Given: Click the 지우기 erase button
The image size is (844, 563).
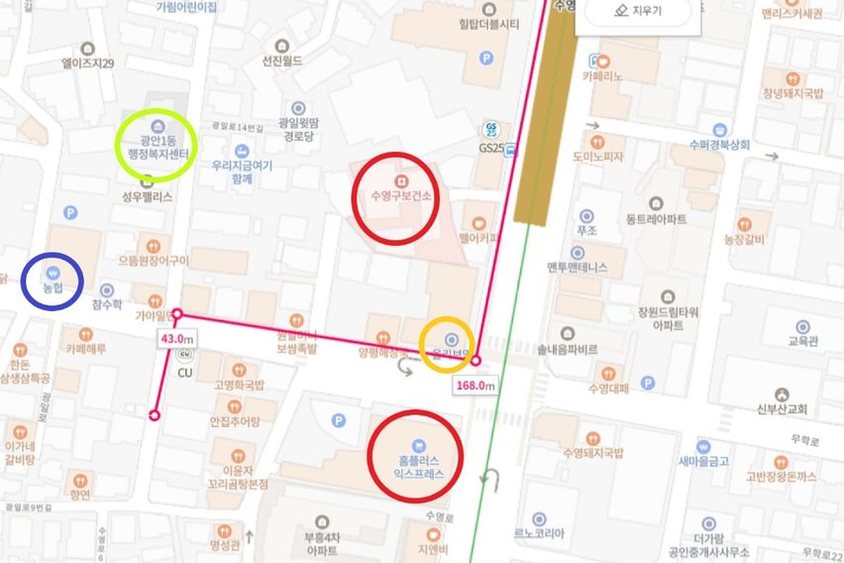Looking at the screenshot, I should pos(638,13).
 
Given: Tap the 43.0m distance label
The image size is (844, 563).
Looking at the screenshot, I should pos(177,338).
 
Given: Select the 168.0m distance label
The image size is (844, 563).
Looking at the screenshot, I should pos(475,386).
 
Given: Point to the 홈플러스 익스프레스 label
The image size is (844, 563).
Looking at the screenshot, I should pos(416,467).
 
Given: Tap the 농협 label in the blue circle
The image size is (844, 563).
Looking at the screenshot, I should pos(53,287).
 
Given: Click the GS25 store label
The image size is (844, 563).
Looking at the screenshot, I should pos(491,148).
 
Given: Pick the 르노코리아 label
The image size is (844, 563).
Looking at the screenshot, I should pos(539,532).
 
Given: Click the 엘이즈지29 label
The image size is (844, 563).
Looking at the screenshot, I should pos(87,62).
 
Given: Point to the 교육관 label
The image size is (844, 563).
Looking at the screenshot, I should pos(802,339).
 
